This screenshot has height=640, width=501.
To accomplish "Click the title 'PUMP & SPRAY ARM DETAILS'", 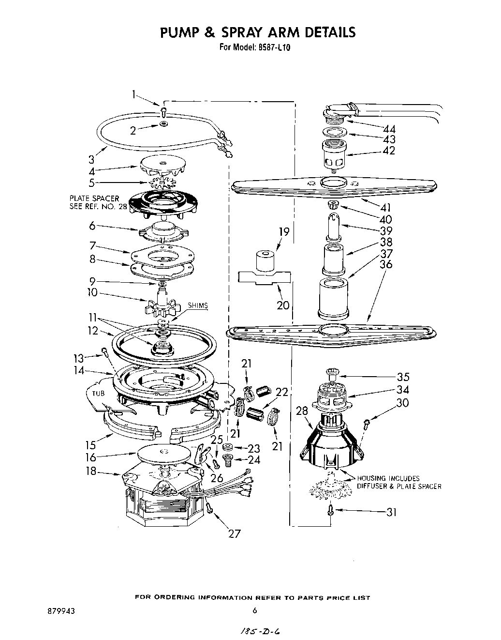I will [258, 32].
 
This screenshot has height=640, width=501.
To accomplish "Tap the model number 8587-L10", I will [271, 48].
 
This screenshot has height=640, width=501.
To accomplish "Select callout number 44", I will [389, 129].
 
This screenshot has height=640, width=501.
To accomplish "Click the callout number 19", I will [284, 232].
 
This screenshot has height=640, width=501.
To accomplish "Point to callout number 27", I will [234, 534].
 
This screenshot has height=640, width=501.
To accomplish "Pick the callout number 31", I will [391, 511].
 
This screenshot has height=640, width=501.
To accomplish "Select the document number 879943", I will [59, 611].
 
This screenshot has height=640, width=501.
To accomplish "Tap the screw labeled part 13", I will [103, 352].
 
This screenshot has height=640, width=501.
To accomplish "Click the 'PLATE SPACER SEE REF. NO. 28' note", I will [94, 202].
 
